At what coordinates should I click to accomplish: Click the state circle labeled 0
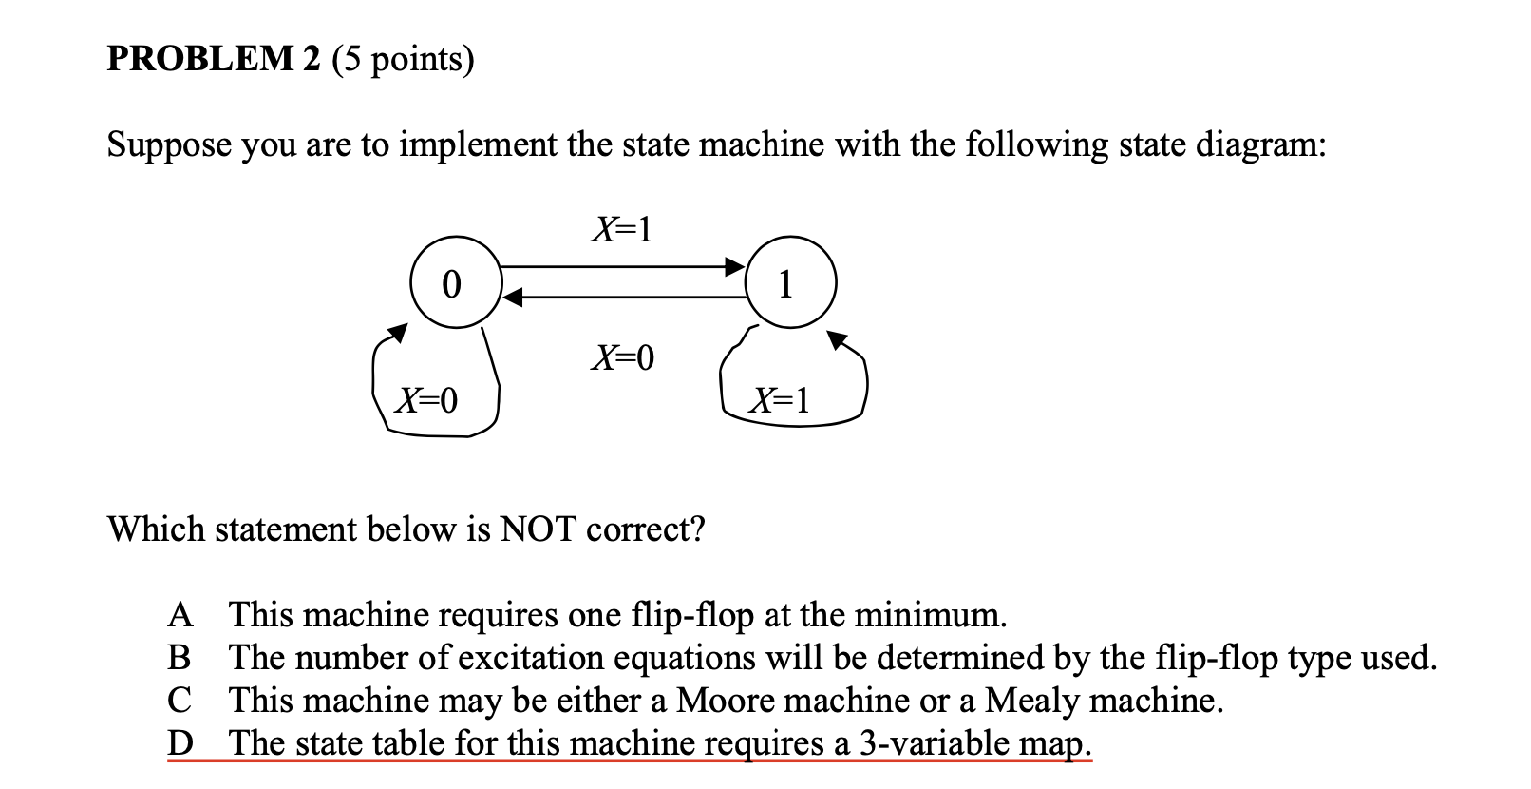click(x=453, y=283)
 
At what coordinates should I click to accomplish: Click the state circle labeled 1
click(x=789, y=283)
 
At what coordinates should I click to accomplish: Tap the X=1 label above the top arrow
click(x=621, y=229)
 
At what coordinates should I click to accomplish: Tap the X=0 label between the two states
click(x=622, y=357)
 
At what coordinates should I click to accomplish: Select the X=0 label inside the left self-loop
click(x=426, y=400)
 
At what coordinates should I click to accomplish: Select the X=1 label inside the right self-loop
click(x=780, y=400)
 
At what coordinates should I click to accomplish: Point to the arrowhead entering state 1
click(x=735, y=265)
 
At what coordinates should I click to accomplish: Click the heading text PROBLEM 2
click(x=214, y=59)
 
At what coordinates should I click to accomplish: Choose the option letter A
click(x=180, y=616)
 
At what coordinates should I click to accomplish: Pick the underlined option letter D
click(x=180, y=742)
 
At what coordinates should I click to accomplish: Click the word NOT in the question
click(x=538, y=529)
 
